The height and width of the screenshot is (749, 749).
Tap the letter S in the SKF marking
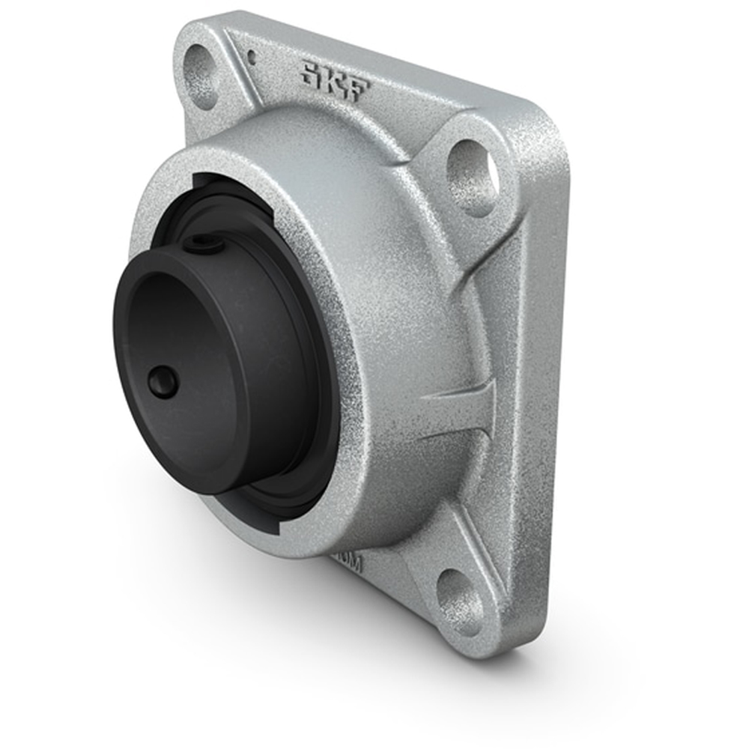tap(309, 73)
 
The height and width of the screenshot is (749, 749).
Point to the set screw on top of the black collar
tap(202, 241)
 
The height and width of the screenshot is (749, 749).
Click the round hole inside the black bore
tap(163, 383)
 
